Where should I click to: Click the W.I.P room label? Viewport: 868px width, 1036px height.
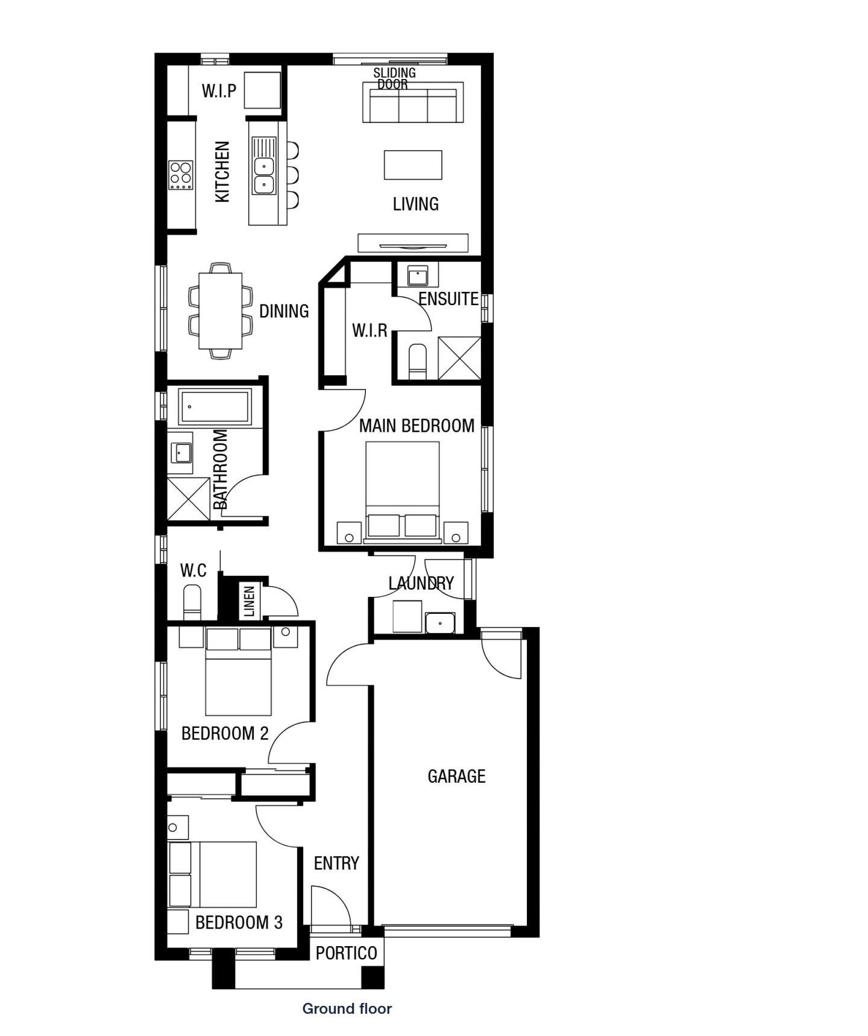tap(219, 91)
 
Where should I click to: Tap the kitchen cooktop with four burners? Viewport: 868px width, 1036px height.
tap(180, 175)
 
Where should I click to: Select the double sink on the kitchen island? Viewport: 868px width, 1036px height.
tap(263, 175)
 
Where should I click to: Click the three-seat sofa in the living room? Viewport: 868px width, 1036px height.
tap(413, 103)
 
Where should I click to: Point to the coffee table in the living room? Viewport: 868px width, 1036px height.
tap(413, 165)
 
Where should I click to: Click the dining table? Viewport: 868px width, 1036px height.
tap(221, 311)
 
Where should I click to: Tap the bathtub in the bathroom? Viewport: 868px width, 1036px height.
tap(215, 407)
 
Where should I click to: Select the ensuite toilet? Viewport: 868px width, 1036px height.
tap(417, 362)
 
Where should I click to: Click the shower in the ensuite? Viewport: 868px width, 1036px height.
tap(459, 358)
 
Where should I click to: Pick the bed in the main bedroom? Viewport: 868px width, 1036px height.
tap(402, 488)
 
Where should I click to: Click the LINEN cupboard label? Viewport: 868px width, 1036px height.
tap(250, 601)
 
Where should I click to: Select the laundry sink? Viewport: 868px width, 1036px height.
tap(440, 622)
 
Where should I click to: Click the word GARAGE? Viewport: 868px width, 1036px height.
tap(456, 776)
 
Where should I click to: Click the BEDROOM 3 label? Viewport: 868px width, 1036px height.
tap(239, 922)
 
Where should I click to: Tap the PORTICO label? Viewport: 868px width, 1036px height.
tap(346, 953)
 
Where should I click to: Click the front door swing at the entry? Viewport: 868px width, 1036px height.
tap(330, 906)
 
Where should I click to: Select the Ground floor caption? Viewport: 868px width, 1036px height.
tap(347, 1008)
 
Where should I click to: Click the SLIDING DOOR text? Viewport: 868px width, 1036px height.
tap(394, 78)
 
